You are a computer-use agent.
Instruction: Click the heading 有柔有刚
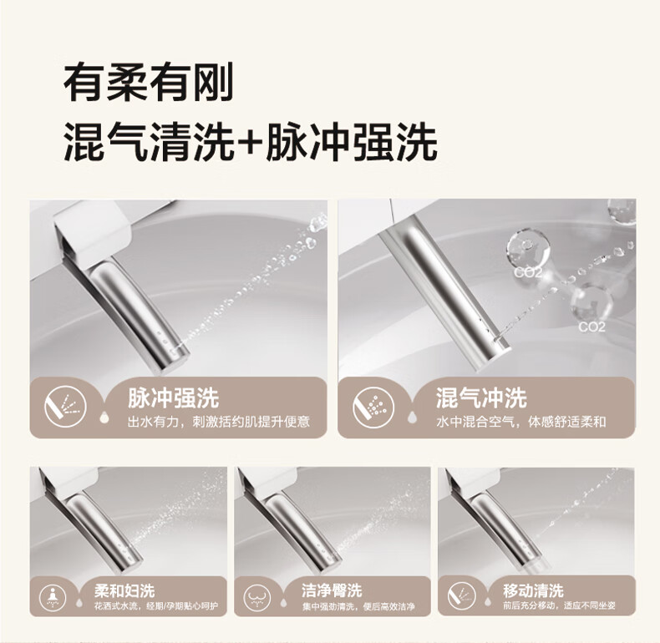click(148, 82)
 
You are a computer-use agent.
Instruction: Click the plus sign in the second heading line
click(250, 141)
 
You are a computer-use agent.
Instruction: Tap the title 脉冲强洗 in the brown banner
click(174, 397)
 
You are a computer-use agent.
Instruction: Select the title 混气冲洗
click(481, 397)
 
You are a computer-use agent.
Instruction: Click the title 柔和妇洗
click(124, 591)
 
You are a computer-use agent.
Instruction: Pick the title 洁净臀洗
click(332, 590)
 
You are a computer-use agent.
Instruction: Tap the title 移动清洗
click(533, 591)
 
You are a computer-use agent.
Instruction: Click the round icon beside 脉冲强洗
click(65, 407)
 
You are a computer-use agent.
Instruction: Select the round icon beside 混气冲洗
click(373, 407)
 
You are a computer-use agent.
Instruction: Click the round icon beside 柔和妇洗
click(53, 597)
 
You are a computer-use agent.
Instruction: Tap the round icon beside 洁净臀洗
click(257, 597)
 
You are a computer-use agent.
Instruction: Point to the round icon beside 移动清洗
click(462, 596)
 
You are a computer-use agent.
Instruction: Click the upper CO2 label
click(528, 272)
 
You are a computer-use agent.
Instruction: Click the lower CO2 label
click(591, 327)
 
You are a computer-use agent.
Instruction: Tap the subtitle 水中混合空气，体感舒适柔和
click(521, 422)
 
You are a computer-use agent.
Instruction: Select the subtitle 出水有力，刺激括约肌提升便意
click(219, 422)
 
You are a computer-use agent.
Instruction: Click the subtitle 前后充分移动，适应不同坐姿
click(559, 606)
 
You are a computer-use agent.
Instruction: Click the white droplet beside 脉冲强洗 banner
click(104, 417)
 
